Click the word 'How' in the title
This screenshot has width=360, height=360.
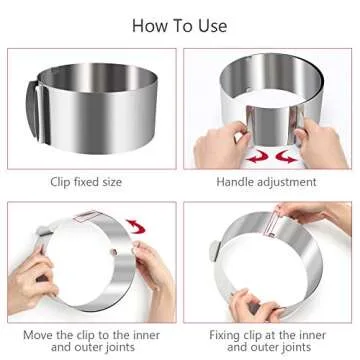coord(151,25)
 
